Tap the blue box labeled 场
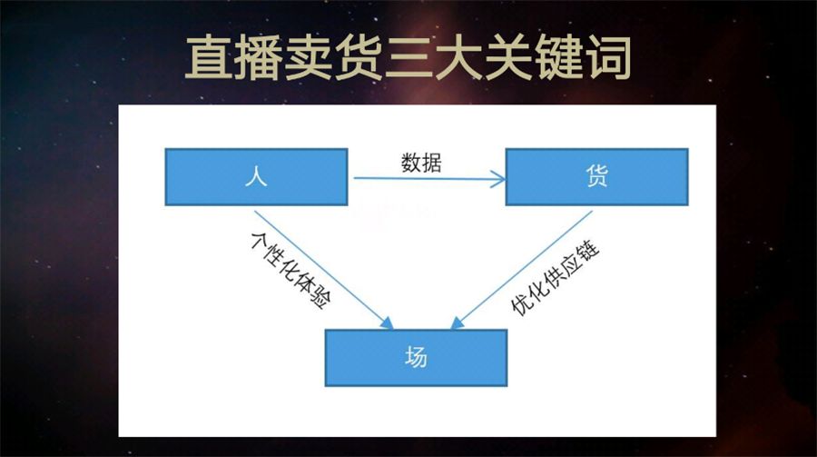pos(416,357)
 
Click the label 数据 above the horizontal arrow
pos(422,163)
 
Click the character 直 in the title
pos(208,56)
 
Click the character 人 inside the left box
pos(256,177)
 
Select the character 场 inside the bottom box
pos(416,357)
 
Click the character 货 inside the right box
pos(596,177)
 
